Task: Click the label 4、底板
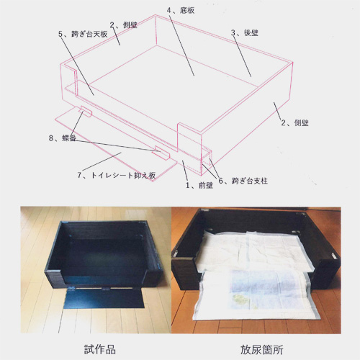pos(181,10)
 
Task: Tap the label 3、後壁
pos(245,32)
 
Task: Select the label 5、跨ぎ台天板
pos(83,34)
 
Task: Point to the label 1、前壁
pos(199,185)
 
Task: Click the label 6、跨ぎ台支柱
pos(243,181)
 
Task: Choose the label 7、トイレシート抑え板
pos(117,175)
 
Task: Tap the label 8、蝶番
pos(63,138)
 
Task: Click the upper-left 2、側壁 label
pos(123,25)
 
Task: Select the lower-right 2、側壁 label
pos(294,123)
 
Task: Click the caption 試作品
pos(100,349)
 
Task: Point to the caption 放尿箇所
pos(262,350)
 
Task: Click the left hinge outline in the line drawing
pos(86,112)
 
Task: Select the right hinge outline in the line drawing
pos(162,153)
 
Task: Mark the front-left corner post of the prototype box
pos(55,278)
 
